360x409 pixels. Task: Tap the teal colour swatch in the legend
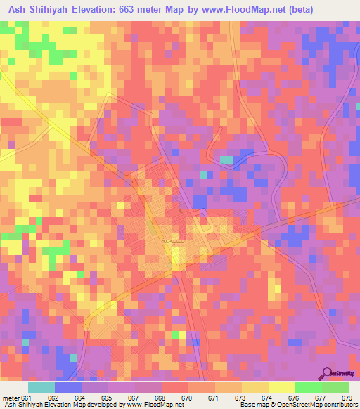click(41, 387)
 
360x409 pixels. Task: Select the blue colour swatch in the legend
click(68, 387)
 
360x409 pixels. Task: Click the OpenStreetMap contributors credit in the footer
click(319, 405)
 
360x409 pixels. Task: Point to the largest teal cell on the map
click(226, 160)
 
